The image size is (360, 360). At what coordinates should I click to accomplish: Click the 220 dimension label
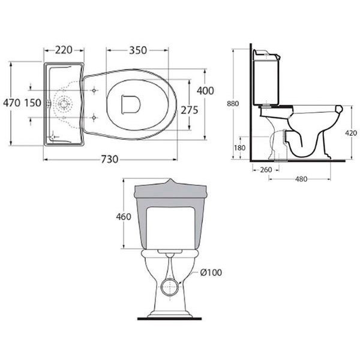64,50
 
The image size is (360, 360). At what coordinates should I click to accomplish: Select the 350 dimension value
138,50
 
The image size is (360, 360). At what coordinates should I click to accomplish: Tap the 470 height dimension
12,103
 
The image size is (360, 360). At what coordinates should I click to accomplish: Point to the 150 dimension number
33,103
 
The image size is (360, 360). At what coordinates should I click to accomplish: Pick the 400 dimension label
205,91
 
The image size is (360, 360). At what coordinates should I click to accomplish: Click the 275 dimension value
190,110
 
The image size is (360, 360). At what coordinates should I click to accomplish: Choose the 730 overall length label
110,159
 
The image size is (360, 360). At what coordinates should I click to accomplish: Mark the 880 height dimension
233,104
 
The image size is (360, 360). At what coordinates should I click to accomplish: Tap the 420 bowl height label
351,133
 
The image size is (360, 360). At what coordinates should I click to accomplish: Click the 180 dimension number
239,148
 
